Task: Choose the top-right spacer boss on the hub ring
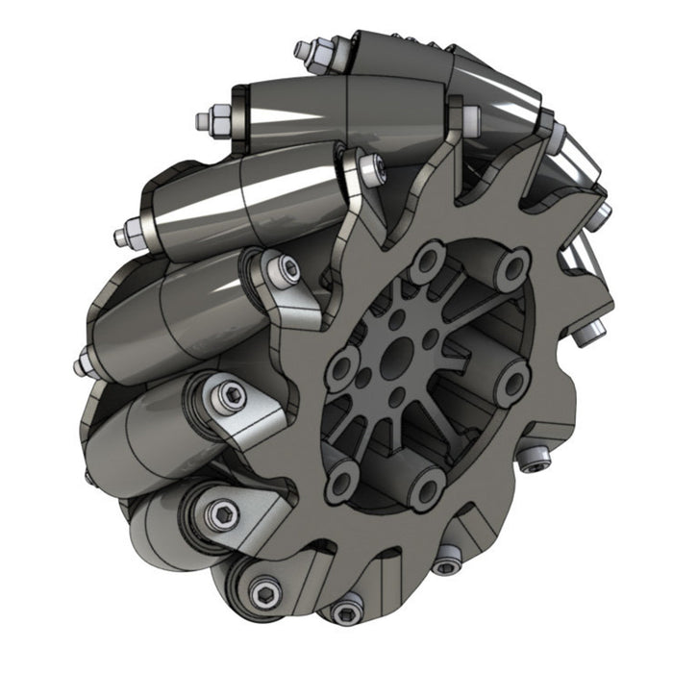point(514,268)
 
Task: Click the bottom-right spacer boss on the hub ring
point(426,490)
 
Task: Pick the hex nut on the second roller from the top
point(207,120)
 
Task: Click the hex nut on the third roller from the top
point(123,235)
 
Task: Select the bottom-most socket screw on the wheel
point(347,611)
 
